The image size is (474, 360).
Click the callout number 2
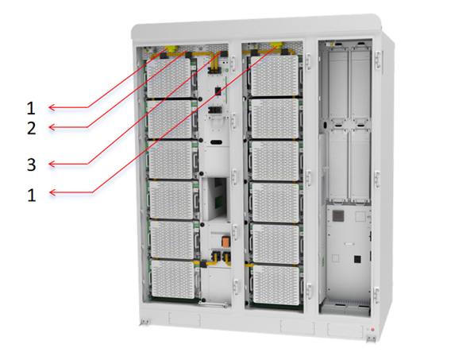click(x=32, y=128)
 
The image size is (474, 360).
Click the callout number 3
click(x=32, y=165)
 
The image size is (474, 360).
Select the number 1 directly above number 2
click(x=31, y=108)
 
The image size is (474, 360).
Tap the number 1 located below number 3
click(x=32, y=195)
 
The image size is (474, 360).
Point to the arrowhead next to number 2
click(x=52, y=127)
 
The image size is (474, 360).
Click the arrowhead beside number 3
click(x=52, y=164)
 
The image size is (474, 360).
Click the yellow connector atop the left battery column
click(x=172, y=48)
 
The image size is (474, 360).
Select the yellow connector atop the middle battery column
click(x=276, y=45)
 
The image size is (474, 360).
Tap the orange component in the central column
click(x=225, y=241)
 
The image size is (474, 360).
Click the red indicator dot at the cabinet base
click(x=372, y=330)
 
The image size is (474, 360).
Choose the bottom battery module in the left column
click(x=174, y=279)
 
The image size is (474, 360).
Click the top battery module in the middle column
click(x=276, y=75)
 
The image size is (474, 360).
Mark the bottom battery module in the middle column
click(x=276, y=285)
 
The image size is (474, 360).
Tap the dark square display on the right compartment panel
click(x=338, y=216)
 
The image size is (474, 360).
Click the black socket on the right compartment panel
click(x=357, y=259)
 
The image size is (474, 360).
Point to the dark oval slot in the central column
click(x=217, y=142)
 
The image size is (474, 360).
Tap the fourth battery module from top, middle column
click(x=276, y=202)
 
